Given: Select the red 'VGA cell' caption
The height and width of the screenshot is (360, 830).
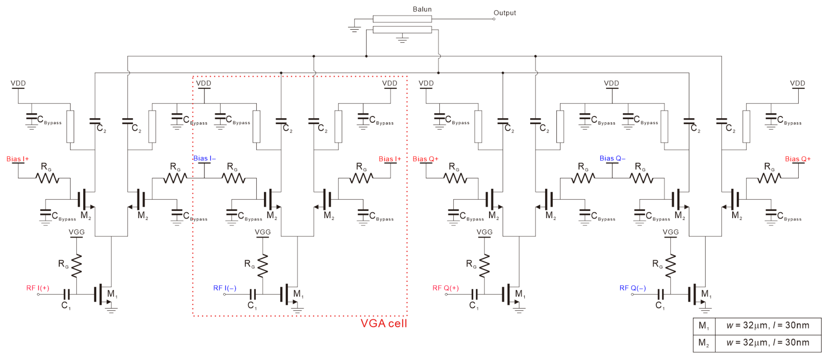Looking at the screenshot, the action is pos(384,323).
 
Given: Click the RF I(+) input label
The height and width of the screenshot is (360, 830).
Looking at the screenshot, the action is pos(38,288).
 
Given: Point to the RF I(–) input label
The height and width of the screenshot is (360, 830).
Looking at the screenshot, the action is pos(225,288).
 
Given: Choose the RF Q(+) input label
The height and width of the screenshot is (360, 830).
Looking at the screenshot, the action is pos(445,288).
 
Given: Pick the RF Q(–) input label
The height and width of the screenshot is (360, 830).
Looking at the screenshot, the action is pos(633,288).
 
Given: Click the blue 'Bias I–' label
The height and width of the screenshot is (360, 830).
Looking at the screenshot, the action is pos(205,158).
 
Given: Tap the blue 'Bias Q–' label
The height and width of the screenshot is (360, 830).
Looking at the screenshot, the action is pos(612,158).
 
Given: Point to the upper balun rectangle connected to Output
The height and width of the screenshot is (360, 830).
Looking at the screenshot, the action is pos(402,19).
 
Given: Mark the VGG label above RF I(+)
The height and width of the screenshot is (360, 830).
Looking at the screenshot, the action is pos(76,232).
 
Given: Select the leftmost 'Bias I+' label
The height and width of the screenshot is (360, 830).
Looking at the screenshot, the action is pos(18,159).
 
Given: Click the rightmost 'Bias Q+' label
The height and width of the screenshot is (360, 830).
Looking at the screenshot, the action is pos(797,159).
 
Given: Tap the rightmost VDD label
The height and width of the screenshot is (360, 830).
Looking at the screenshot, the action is pos(797,83).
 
